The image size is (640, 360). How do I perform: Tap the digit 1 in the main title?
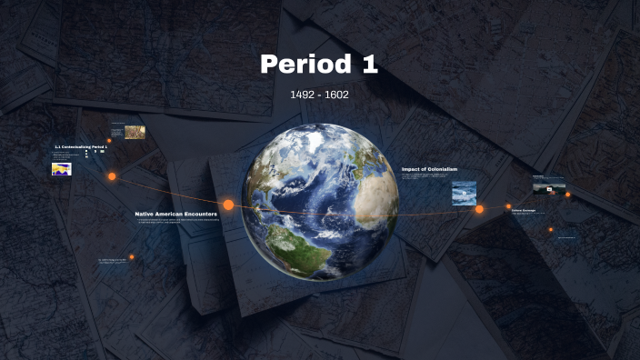[x=368, y=65]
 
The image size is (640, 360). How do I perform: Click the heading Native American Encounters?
[x=175, y=214]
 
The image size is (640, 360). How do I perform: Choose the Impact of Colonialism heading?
[x=429, y=169]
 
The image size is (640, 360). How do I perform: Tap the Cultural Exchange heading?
[x=523, y=210]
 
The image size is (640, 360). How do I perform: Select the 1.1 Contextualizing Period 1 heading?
[x=81, y=146]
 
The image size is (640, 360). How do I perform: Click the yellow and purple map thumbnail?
[x=62, y=168]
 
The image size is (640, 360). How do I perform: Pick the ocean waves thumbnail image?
[x=464, y=193]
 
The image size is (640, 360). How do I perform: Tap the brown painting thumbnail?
[x=135, y=132]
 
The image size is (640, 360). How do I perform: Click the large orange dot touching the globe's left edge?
[x=229, y=205]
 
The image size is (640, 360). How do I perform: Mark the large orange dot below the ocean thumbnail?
[x=479, y=209]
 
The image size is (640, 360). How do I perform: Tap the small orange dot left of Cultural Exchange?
[x=508, y=206]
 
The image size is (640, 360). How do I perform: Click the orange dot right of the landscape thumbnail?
[x=568, y=194]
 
